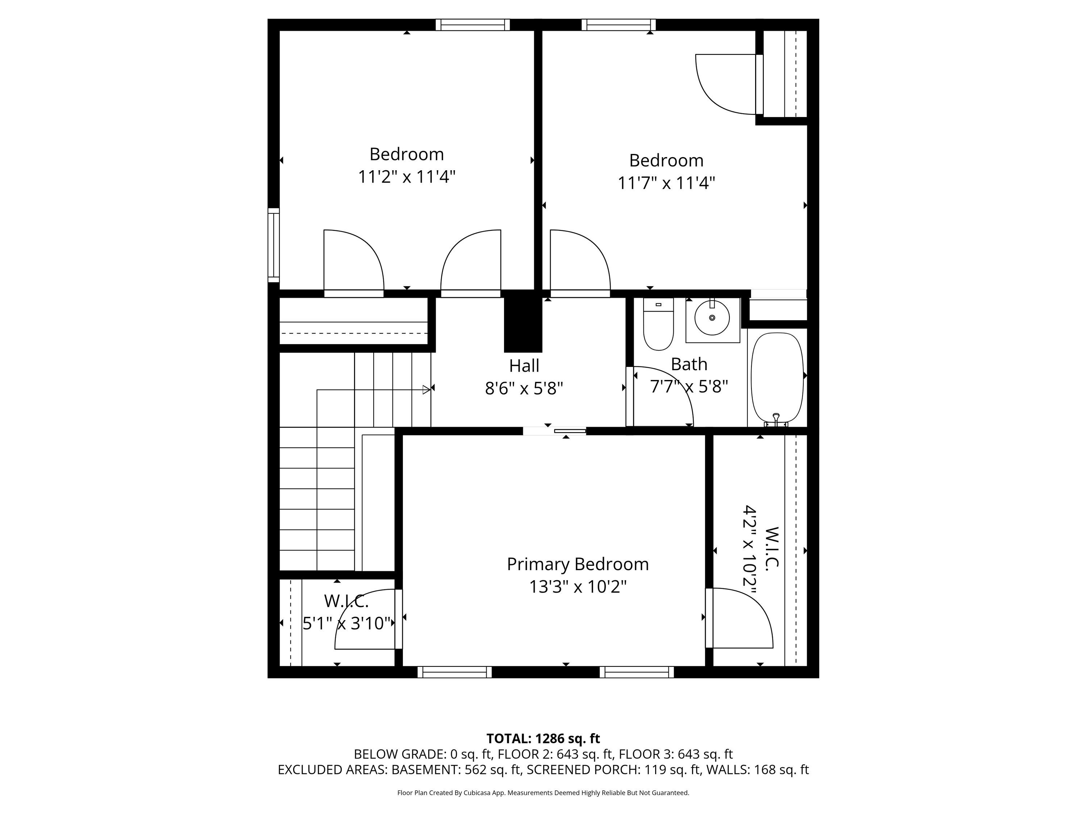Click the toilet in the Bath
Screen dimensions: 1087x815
[x=658, y=324]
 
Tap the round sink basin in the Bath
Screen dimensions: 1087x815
[x=712, y=318]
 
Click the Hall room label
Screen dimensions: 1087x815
[x=524, y=366]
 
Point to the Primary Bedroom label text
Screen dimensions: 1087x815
[x=578, y=564]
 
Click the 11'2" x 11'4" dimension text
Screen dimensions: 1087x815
[x=407, y=177]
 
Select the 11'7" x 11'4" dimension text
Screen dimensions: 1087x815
[x=666, y=183]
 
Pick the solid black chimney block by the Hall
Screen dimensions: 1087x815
[x=523, y=321]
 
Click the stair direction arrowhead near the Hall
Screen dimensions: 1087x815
[x=426, y=389]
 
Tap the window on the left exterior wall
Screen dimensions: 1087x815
[x=273, y=245]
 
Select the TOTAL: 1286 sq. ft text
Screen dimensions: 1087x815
[x=543, y=738]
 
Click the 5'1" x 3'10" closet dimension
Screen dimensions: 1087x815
[x=347, y=623]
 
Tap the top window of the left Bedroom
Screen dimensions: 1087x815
[x=473, y=25]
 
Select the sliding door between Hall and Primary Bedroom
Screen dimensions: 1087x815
[x=555, y=431]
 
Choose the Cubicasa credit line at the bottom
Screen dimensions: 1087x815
[x=543, y=793]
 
